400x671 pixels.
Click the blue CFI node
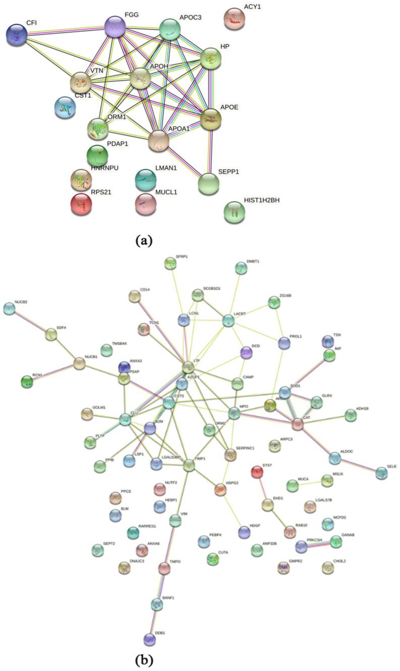[17, 35]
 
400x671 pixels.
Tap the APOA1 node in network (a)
[159, 140]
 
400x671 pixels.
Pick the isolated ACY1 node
[234, 19]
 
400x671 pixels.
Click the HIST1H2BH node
[234, 211]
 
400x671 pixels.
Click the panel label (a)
[144, 240]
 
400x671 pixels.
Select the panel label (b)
[143, 658]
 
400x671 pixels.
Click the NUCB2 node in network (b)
[9, 309]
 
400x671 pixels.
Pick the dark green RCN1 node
[27, 381]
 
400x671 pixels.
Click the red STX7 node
[257, 472]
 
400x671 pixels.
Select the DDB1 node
[149, 639]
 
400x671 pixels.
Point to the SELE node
[381, 472]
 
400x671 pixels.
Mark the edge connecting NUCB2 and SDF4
[30, 321]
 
